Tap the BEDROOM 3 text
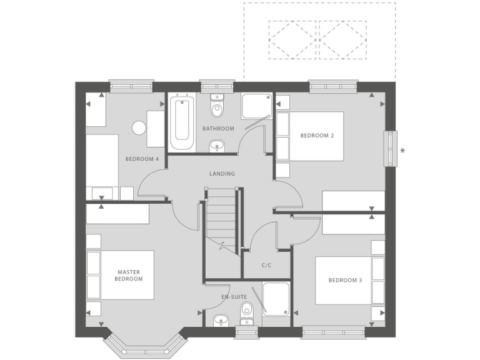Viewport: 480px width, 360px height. tap(345, 280)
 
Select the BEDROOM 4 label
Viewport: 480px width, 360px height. tap(142, 159)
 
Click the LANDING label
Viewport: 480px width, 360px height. tap(222, 174)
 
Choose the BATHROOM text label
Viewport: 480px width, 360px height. tap(218, 129)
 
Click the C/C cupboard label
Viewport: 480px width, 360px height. tap(266, 265)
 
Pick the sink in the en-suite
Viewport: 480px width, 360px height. tap(220, 321)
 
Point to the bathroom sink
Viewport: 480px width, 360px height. tap(217, 146)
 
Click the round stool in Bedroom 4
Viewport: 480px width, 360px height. tap(139, 128)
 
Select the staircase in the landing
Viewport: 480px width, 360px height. tap(221, 219)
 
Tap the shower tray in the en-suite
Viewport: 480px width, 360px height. tap(276, 298)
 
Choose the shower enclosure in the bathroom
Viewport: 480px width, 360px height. tap(256, 107)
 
